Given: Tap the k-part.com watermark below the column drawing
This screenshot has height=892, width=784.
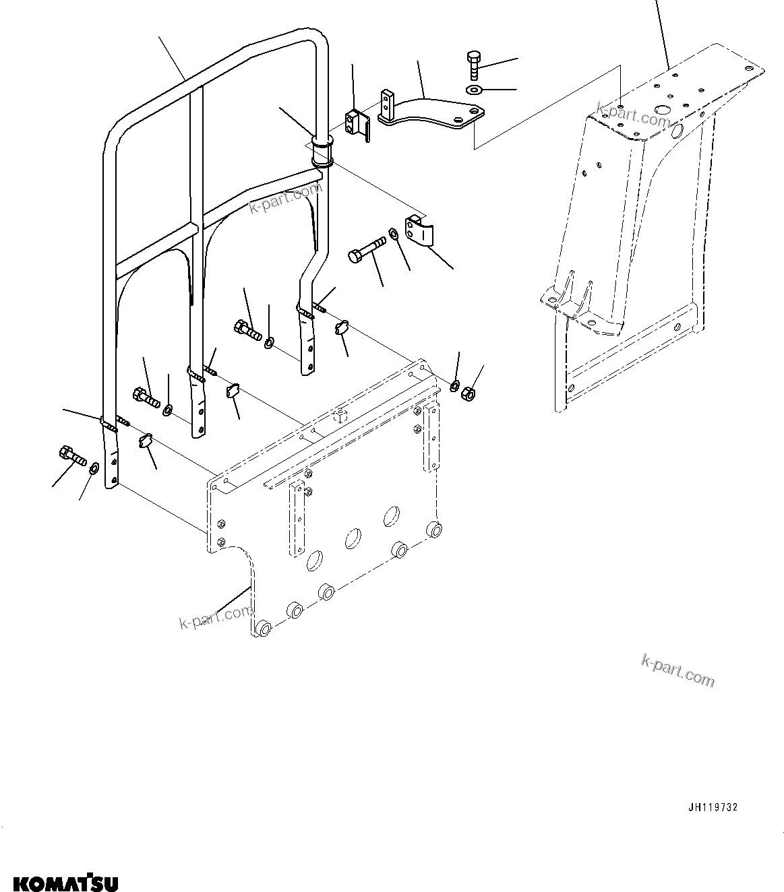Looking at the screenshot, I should click(x=677, y=670).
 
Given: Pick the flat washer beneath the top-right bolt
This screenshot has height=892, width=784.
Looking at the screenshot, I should click(x=474, y=90).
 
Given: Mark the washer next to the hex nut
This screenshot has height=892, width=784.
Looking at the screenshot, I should click(x=455, y=386).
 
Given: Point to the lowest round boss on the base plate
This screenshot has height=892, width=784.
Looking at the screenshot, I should click(x=262, y=629).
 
